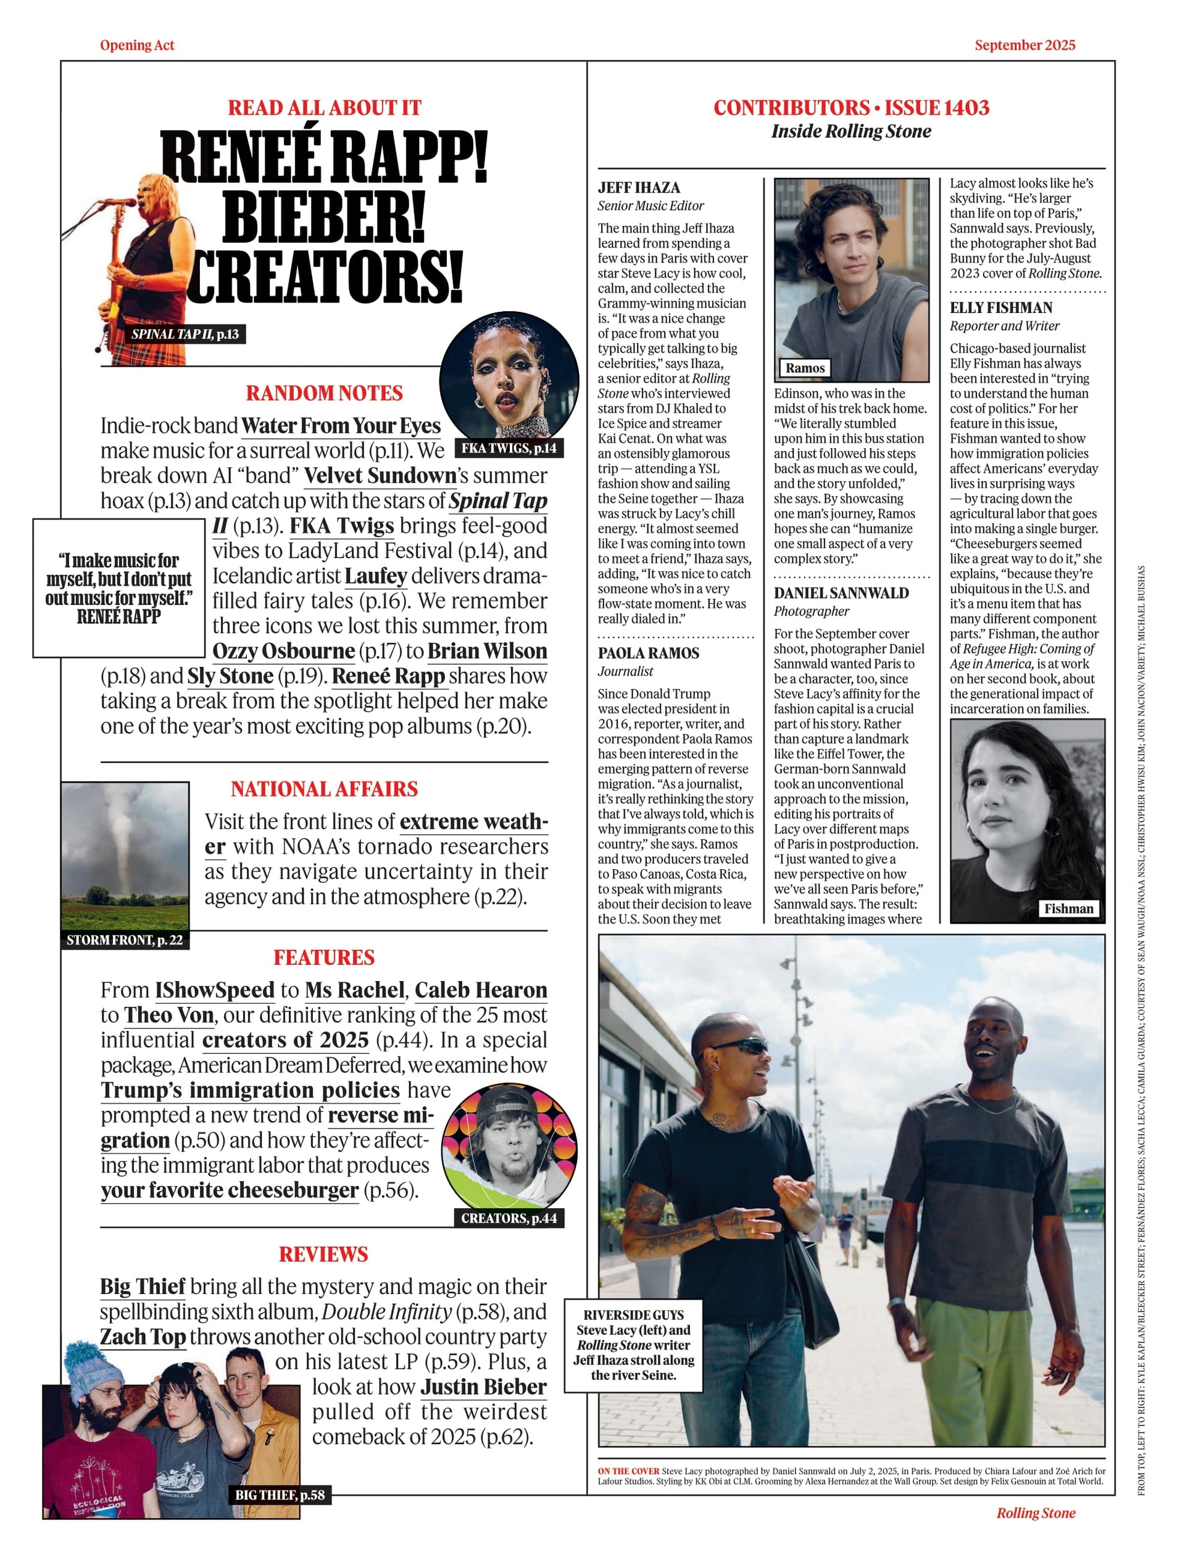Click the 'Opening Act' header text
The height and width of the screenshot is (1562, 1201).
(x=136, y=45)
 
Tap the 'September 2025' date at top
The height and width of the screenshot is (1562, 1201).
(x=1024, y=45)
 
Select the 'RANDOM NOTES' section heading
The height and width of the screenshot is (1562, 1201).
(x=324, y=393)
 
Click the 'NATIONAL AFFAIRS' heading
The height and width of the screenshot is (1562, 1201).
(x=324, y=789)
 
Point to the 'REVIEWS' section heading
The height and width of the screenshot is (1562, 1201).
(x=323, y=1254)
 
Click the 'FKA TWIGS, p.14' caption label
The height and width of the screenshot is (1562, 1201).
(x=509, y=448)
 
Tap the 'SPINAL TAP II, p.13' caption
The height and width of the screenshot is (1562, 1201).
(x=185, y=334)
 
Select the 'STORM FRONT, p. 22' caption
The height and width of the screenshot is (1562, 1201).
(x=125, y=940)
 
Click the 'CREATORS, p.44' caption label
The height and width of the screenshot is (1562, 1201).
(x=509, y=1218)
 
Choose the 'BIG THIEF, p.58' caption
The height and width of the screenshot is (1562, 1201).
(x=280, y=1495)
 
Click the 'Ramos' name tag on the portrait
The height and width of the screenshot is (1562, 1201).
(x=805, y=367)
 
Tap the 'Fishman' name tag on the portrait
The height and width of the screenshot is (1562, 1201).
(x=1068, y=908)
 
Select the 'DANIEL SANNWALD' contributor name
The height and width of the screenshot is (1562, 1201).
(x=841, y=593)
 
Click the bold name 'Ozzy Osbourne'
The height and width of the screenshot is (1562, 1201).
(x=284, y=651)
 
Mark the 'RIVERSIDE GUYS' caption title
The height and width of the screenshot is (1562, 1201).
(x=633, y=1315)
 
